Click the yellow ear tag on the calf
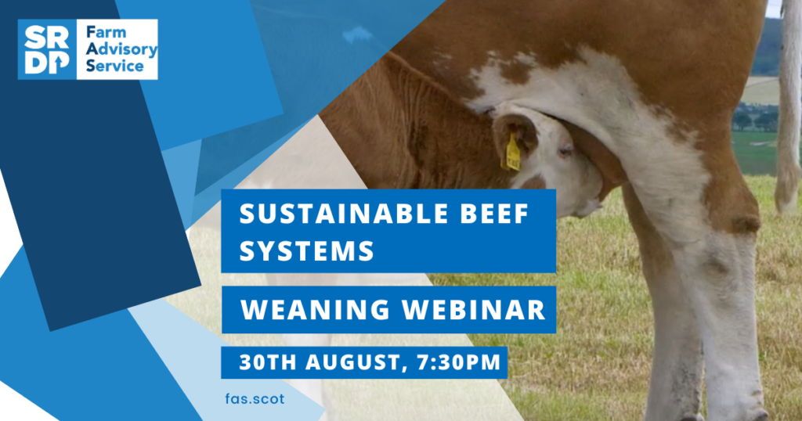[x=512, y=153]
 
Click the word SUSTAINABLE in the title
[x=345, y=213]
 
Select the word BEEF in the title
[x=494, y=213]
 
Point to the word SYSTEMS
[x=307, y=251]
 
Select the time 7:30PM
[x=459, y=362]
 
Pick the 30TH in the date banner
[x=268, y=362]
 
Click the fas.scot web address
[x=255, y=398]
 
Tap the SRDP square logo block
[x=47, y=49]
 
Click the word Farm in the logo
[x=106, y=33]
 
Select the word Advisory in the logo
[x=121, y=50]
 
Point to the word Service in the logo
[x=114, y=66]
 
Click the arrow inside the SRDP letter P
[x=59, y=63]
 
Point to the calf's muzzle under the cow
[x=588, y=200]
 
